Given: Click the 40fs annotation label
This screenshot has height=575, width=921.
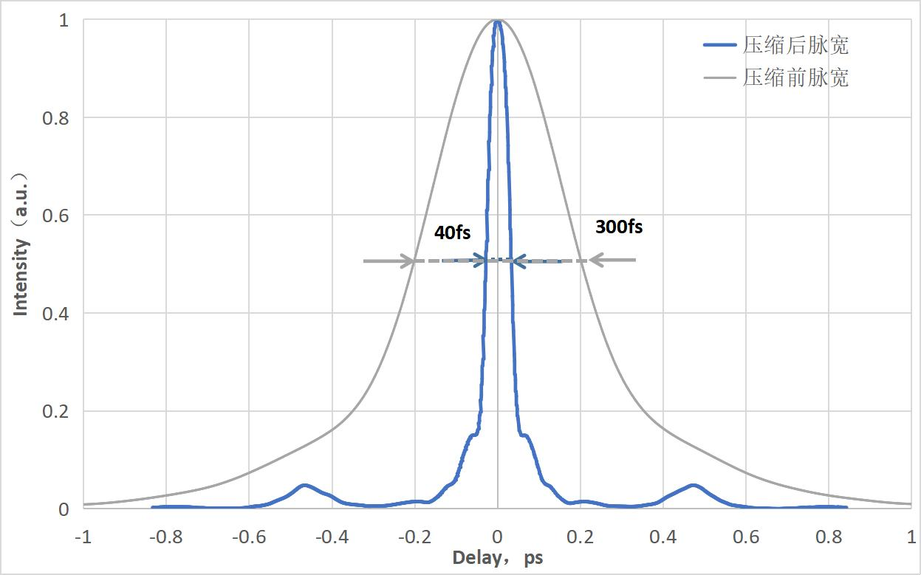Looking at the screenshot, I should click(452, 233).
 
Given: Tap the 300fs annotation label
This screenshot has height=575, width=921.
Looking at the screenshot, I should click(619, 227).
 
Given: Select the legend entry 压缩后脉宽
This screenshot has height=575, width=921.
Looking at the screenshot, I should click(795, 46).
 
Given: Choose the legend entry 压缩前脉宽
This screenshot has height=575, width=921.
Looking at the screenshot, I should click(795, 77).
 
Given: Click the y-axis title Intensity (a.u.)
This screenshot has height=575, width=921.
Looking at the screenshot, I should click(21, 244).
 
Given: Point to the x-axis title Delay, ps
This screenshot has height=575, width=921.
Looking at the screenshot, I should click(497, 557).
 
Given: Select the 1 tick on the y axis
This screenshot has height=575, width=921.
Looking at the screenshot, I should click(64, 21).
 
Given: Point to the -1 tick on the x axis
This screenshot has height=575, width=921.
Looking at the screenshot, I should click(83, 536).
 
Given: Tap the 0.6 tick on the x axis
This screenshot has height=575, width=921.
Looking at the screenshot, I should click(747, 536).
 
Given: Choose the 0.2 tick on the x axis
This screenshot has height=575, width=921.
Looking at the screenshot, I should click(581, 536).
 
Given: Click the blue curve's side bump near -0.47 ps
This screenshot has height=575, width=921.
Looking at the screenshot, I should click(304, 486).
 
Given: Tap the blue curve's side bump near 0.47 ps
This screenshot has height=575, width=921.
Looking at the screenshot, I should click(693, 486).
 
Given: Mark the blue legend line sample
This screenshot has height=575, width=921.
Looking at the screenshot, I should click(719, 46).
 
